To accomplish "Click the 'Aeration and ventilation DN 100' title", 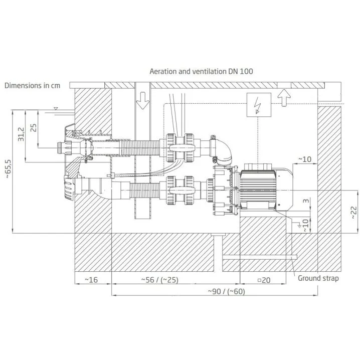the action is pos(202,71).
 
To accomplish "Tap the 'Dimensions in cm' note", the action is pos(33,86).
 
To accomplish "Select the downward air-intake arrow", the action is pos(142,100).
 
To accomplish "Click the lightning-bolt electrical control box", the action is pos(259,105).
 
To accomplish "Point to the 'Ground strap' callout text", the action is pos(318,278).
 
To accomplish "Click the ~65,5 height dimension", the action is pos(8,169).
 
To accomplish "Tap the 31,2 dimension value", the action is pos(21,134).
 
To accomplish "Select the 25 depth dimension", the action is pos(34,128).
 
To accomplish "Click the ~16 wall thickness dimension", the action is pos(91,280).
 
